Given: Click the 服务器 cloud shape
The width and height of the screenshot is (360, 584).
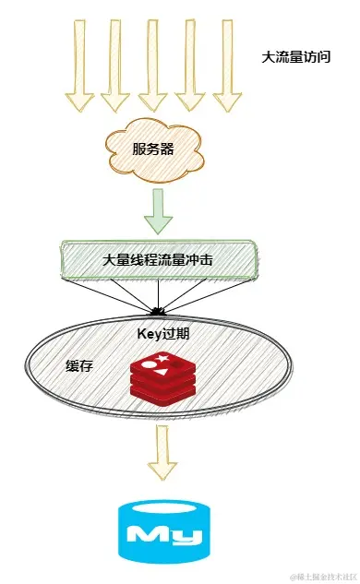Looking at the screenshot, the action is tap(154, 149).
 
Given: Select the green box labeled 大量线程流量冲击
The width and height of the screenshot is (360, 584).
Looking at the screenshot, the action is tap(158, 260).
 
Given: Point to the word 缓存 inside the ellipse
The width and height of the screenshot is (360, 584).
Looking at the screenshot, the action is tap(79, 366).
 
